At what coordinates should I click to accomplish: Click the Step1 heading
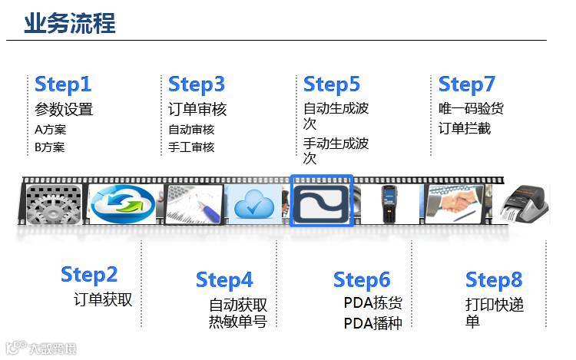click(x=63, y=84)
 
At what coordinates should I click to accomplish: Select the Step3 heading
click(x=197, y=84)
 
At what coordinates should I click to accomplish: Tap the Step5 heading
click(x=332, y=84)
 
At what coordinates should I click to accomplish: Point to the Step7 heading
click(x=467, y=84)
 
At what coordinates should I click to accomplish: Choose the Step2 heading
click(x=89, y=274)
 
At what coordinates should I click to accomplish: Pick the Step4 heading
click(x=224, y=279)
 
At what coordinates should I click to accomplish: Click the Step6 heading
click(x=362, y=279)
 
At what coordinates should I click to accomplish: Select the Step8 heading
click(x=494, y=279)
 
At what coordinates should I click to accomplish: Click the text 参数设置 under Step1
click(x=64, y=109)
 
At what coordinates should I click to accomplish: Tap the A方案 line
click(x=50, y=129)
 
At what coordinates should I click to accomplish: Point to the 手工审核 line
click(x=191, y=147)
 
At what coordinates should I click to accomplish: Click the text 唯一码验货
click(x=471, y=109)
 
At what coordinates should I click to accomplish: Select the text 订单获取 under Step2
click(x=103, y=299)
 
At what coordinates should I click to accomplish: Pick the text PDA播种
click(x=372, y=322)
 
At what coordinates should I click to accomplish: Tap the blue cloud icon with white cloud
click(x=254, y=204)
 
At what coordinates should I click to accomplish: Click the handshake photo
click(x=458, y=204)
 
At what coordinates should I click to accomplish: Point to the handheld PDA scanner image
click(x=392, y=204)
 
